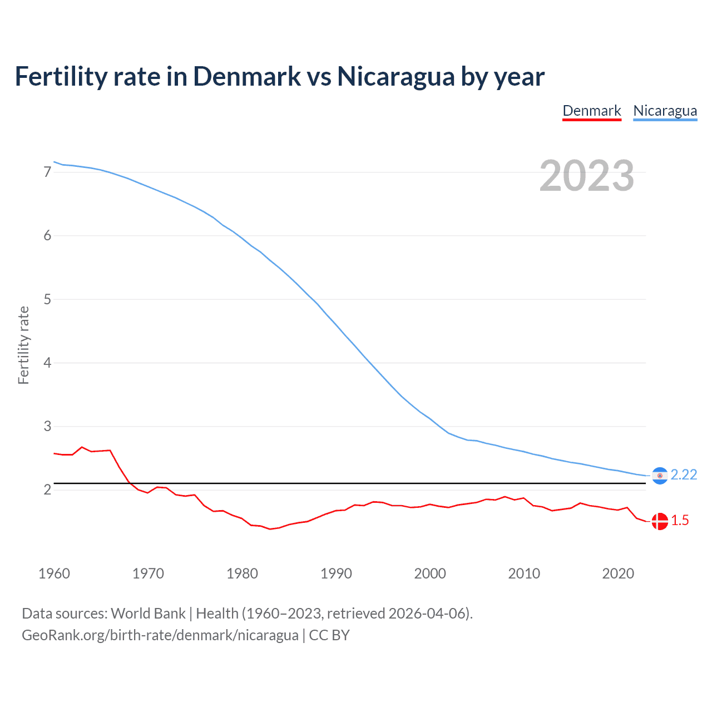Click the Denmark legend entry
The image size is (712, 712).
pyautogui.click(x=591, y=111)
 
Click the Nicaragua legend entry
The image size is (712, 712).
pyautogui.click(x=665, y=111)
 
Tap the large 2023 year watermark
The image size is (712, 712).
pyautogui.click(x=586, y=176)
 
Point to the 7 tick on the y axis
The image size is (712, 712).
pyautogui.click(x=47, y=172)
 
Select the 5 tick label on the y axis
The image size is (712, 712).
pyautogui.click(x=47, y=299)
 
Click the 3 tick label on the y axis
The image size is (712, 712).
pyautogui.click(x=47, y=427)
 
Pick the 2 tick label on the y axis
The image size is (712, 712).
pyautogui.click(x=47, y=490)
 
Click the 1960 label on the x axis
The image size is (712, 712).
pyautogui.click(x=54, y=573)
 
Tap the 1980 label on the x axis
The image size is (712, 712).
pyautogui.click(x=242, y=573)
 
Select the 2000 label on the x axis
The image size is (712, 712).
pyautogui.click(x=430, y=573)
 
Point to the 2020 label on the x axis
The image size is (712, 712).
pyautogui.click(x=618, y=573)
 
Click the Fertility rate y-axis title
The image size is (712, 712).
pyautogui.click(x=23, y=345)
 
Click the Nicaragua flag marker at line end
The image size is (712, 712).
pyautogui.click(x=660, y=476)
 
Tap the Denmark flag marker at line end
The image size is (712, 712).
pyautogui.click(x=660, y=521)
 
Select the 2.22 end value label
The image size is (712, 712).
pyautogui.click(x=684, y=474)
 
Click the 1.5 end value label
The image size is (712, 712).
pyautogui.click(x=680, y=520)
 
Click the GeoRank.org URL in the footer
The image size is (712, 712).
pyautogui.click(x=160, y=635)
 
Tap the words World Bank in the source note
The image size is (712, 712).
pyautogui.click(x=148, y=614)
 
